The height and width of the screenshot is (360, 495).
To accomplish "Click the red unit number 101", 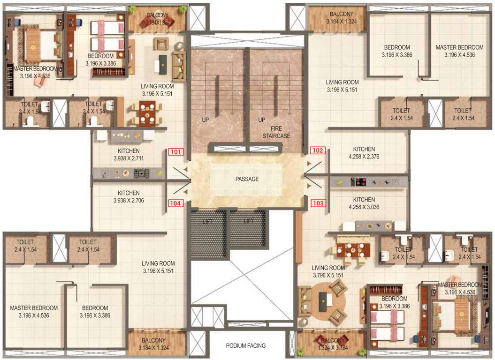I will [x=176, y=152].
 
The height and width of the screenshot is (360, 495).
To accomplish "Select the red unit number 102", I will [x=318, y=151].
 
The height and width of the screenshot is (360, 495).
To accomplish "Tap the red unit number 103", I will [x=318, y=203].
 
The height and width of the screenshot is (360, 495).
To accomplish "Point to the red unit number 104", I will [x=176, y=203].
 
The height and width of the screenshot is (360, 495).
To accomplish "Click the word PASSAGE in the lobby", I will [x=247, y=179].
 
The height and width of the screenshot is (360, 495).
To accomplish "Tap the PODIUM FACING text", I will [x=245, y=345].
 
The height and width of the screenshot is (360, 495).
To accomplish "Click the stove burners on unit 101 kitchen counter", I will [x=140, y=173].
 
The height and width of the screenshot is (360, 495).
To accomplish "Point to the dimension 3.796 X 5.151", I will [x=328, y=275].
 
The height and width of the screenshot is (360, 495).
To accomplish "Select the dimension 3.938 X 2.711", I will [x=128, y=158].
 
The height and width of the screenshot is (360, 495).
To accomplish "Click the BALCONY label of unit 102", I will [x=341, y=14].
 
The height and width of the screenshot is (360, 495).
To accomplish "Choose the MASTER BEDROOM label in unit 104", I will [x=34, y=308].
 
